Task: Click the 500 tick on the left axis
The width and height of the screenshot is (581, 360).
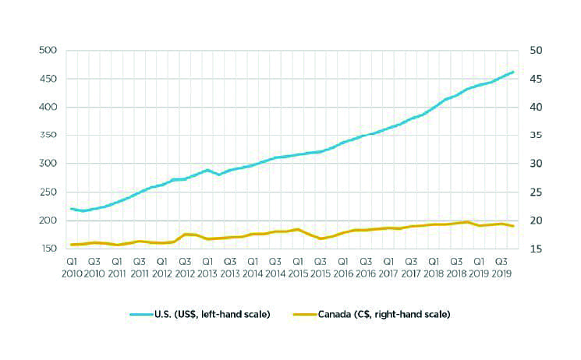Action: pos(48,51)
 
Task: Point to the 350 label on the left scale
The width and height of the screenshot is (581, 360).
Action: pos(48,135)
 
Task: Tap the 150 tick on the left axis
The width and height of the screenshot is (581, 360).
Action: pos(48,249)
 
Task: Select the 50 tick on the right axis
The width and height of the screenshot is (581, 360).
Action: pos(536,51)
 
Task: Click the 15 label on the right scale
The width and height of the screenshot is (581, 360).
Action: pos(536,249)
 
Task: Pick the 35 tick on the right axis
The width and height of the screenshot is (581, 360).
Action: pos(536,135)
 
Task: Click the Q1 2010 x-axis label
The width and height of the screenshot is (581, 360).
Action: pos(72,268)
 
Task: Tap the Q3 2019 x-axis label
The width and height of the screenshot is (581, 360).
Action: pos(501,268)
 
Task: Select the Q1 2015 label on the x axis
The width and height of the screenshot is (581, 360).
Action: pos(298,268)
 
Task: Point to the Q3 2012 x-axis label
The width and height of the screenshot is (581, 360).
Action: pos(185,268)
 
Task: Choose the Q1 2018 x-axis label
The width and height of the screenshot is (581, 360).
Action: pos(434,268)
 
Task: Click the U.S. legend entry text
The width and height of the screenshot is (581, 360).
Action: pos(212,315)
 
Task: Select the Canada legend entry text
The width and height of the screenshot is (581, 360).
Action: pos(384,315)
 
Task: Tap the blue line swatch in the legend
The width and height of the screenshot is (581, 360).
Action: pos(141,315)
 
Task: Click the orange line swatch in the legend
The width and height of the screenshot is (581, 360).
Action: pos(305,315)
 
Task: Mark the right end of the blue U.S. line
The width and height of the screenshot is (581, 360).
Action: pos(513,72)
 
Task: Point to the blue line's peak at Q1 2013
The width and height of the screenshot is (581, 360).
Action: pos(207,170)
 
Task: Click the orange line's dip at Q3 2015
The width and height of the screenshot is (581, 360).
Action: pos(321,238)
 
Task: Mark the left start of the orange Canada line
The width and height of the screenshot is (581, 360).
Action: pos(71,245)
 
